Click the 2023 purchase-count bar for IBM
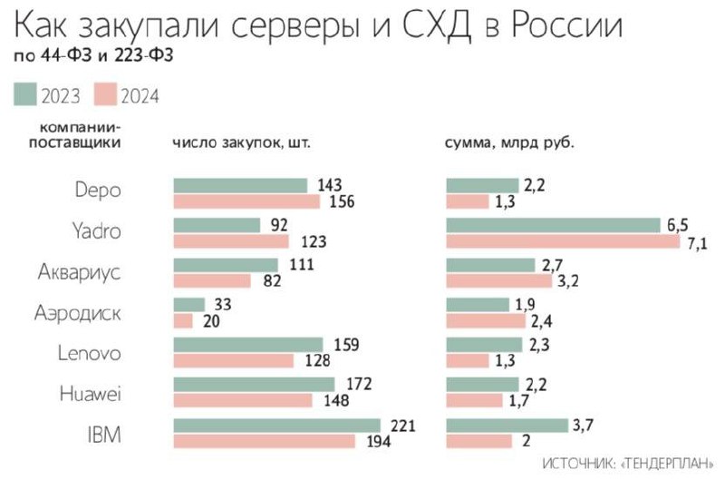point(276,426)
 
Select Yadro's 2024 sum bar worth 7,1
point(562,242)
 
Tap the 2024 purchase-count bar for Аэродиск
point(183,320)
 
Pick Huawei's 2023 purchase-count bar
point(254,385)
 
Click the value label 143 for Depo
point(330,185)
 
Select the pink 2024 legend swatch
point(108,94)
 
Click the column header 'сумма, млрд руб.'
point(510,142)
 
